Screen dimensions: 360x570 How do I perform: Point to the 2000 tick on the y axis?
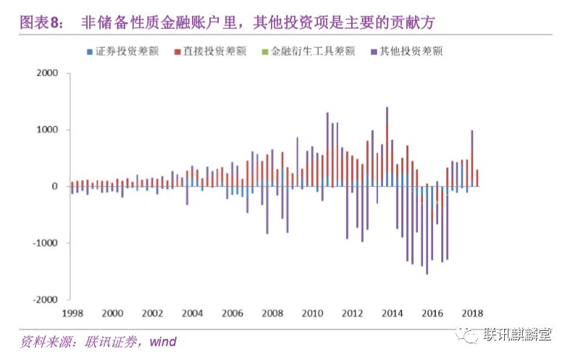(46, 74)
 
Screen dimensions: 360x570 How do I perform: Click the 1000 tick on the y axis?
(46, 130)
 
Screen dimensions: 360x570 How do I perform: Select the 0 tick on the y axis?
(54, 187)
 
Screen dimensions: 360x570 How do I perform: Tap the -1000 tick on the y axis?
(45, 243)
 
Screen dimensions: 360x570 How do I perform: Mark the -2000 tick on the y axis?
(45, 299)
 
